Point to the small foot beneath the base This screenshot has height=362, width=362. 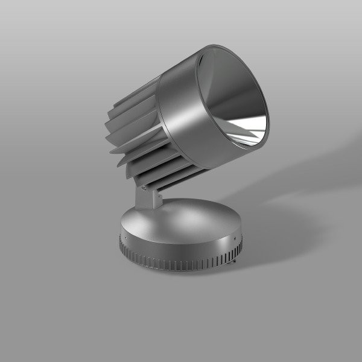tap(234, 262)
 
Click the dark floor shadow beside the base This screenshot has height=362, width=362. tap(271, 241)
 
